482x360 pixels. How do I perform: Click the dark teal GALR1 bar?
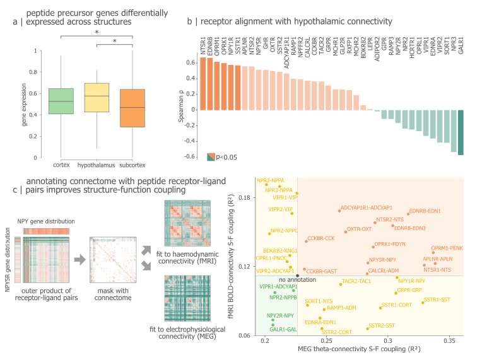pos(461,132)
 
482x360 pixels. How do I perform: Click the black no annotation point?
pos(297,276)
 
